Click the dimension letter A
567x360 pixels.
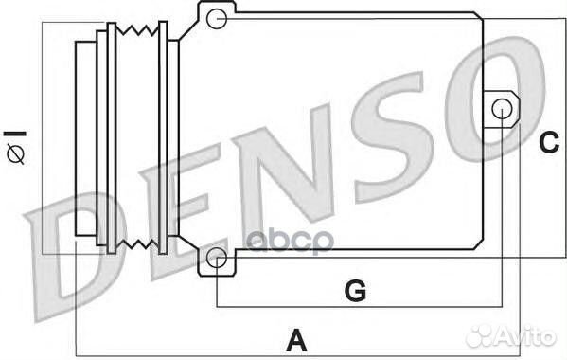[296, 338]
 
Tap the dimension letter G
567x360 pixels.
[354, 291]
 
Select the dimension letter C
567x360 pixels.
[548, 143]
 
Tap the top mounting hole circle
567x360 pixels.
[218, 18]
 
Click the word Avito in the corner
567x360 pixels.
[530, 333]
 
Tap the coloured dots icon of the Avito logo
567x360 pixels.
[483, 334]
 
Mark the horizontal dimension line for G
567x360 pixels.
[284, 307]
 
